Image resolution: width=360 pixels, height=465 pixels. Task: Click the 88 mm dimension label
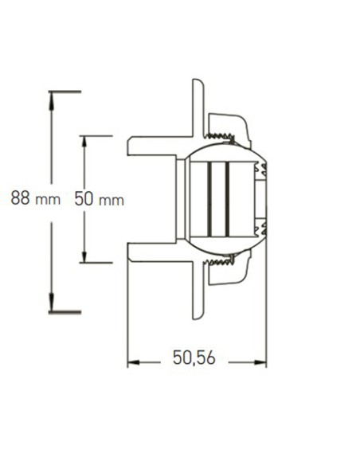pyautogui.click(x=35, y=198)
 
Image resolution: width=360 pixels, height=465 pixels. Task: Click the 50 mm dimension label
pyautogui.click(x=99, y=198)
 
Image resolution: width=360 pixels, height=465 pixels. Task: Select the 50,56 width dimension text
pyautogui.click(x=194, y=358)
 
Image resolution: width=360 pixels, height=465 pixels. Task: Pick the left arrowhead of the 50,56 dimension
pyautogui.click(x=133, y=362)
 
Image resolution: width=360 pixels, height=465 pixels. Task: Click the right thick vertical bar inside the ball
pyautogui.click(x=227, y=199)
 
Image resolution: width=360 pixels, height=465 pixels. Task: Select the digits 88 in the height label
pyautogui.click(x=20, y=198)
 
